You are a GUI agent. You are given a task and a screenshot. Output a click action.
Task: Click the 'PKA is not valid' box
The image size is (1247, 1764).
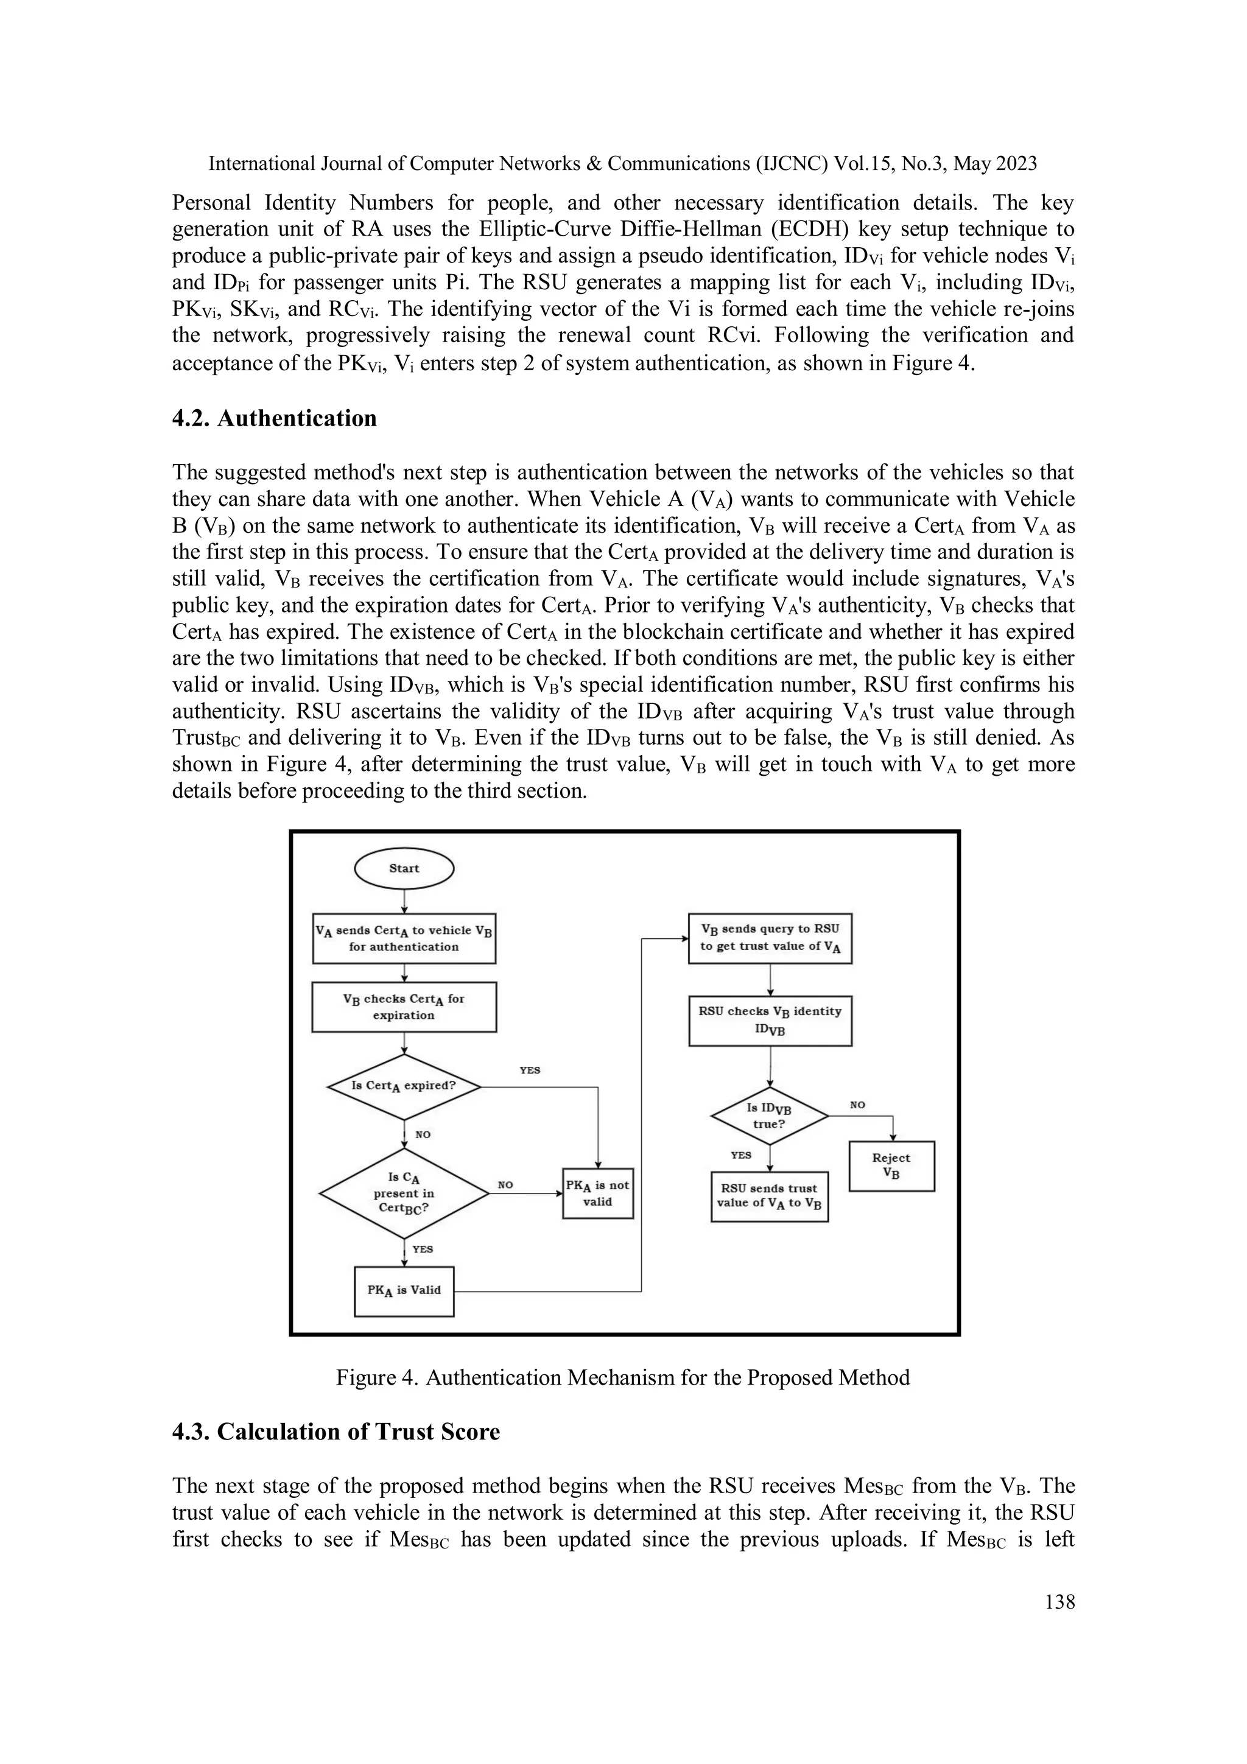coord(598,1193)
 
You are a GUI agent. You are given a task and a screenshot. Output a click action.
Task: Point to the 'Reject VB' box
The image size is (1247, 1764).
coord(891,1165)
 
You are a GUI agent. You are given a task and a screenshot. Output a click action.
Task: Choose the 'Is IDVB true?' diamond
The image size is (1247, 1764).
coord(769,1116)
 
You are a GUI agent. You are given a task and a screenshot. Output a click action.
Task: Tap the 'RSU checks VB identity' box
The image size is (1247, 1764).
coord(770,1021)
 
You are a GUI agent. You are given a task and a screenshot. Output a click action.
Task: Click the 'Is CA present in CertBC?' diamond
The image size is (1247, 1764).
coord(404,1193)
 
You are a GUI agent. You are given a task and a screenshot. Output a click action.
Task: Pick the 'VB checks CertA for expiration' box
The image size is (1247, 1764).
coord(404,1007)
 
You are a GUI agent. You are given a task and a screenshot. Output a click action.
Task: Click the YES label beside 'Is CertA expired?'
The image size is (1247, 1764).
coord(530,1070)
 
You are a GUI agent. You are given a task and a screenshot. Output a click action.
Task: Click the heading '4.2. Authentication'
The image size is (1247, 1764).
coord(274,419)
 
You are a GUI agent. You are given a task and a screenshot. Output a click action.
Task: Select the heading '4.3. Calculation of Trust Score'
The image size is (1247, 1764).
coord(335,1432)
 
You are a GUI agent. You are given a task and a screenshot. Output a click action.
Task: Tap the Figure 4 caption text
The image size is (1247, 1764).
coord(622,1377)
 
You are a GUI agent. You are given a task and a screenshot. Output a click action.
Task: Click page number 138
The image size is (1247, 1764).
coord(1059,1602)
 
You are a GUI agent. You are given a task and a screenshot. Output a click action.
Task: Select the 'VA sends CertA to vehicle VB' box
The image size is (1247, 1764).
coord(404,938)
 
